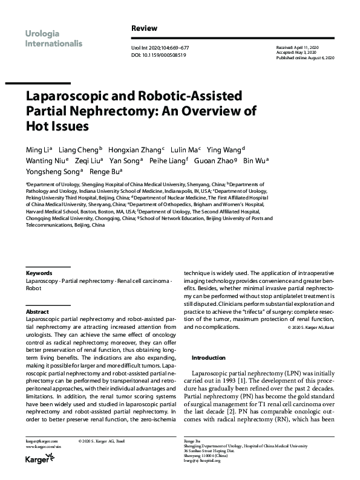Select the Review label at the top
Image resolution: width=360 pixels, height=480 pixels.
coord(144,28)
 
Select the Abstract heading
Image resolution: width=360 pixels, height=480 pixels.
coord(38,312)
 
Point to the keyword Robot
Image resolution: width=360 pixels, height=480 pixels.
coord(34,289)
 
